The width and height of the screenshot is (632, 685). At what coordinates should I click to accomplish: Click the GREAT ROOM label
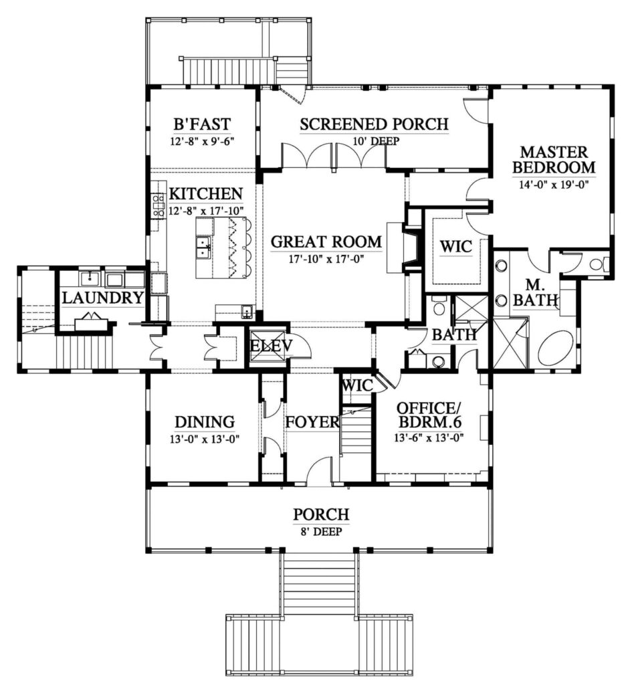(326, 241)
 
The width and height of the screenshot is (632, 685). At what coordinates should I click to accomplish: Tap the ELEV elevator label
(271, 346)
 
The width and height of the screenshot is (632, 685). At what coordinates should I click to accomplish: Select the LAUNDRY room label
(102, 298)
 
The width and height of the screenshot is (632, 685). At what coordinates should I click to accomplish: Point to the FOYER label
(312, 422)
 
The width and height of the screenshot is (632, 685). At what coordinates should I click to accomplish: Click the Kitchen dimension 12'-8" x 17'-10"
(206, 211)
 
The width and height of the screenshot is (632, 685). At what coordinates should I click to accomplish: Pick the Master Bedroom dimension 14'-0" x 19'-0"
(553, 184)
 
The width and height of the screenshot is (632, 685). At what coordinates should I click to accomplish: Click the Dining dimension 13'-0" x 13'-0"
(205, 439)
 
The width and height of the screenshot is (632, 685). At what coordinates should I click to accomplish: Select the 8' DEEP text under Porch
(320, 532)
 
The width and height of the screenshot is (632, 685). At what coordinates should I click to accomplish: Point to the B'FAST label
(201, 124)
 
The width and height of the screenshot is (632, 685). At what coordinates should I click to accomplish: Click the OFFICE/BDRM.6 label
(429, 415)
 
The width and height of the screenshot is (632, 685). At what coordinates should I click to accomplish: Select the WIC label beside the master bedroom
(455, 246)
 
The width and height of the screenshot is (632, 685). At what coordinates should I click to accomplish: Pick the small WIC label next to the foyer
(357, 385)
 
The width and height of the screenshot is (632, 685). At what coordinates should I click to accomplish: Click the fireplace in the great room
(411, 248)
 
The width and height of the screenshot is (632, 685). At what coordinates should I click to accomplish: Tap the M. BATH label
(535, 293)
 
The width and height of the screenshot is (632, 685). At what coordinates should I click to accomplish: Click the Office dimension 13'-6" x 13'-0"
(429, 437)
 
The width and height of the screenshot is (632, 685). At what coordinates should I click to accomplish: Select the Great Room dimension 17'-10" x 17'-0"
(326, 259)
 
